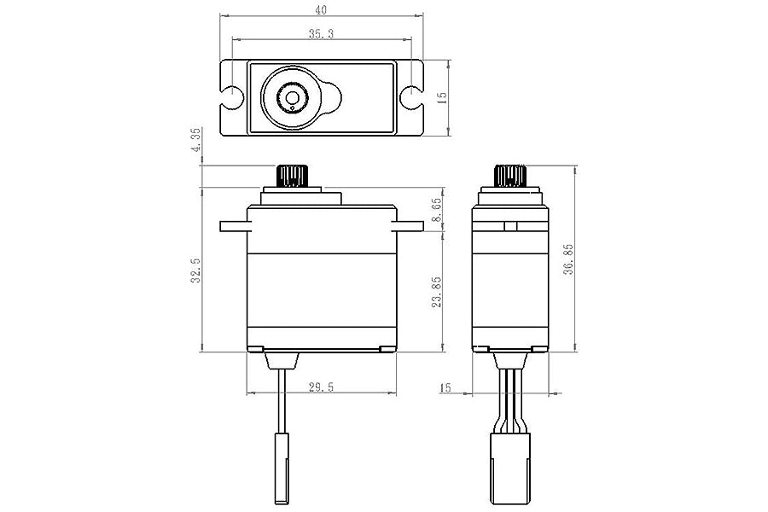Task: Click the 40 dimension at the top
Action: pos(321,10)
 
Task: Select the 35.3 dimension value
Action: pos(321,33)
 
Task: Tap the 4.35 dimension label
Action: pos(195,140)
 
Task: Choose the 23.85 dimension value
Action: pos(436,292)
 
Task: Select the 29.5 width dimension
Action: pos(321,387)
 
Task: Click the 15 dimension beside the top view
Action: pos(440,98)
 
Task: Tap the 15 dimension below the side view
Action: pos(445,388)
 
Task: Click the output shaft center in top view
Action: pos(293,98)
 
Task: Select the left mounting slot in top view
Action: pos(231,97)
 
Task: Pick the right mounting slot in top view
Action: pos(410,97)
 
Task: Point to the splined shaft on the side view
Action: pos(510,177)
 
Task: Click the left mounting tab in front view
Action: pos(234,226)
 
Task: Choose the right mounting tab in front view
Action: pos(409,226)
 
